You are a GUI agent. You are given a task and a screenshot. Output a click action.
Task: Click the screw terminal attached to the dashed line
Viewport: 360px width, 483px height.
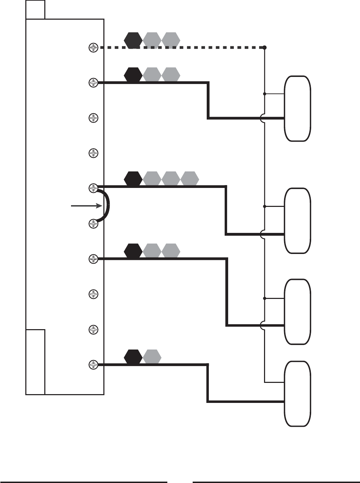(93, 47)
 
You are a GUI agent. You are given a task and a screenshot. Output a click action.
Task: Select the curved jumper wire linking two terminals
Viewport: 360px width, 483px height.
(108, 205)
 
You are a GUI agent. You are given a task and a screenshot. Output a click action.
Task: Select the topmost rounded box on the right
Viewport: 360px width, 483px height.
(297, 108)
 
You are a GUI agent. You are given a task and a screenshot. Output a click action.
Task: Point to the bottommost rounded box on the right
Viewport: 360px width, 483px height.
(297, 393)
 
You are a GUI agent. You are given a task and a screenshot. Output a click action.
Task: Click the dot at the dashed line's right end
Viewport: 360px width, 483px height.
(265, 47)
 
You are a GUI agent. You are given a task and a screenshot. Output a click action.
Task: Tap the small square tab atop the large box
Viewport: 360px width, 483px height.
(35, 9)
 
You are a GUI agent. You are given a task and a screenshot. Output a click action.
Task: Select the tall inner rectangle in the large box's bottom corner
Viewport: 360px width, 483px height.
(35, 362)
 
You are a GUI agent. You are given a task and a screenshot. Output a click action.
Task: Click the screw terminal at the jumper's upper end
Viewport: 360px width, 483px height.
(93, 188)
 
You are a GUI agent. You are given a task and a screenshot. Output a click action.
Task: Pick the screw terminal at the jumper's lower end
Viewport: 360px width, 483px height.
(93, 223)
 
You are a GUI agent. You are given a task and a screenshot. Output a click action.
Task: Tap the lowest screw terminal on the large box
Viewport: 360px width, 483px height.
(93, 365)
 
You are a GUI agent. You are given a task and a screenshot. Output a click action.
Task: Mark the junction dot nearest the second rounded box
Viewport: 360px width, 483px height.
(265, 206)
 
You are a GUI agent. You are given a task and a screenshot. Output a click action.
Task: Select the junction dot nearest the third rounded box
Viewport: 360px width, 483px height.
(265, 298)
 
